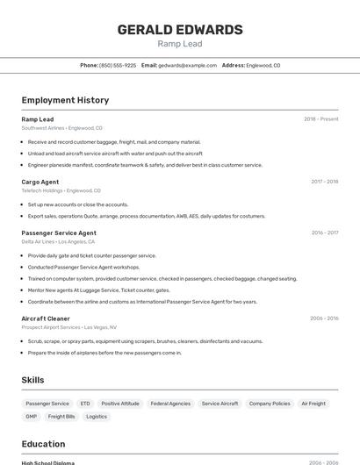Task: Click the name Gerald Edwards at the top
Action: (x=180, y=30)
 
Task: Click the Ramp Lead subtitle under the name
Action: (x=180, y=44)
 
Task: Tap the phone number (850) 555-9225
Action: (x=118, y=66)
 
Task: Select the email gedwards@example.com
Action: (x=187, y=66)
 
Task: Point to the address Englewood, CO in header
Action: (x=263, y=66)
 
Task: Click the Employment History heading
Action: (x=65, y=100)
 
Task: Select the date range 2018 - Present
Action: (x=320, y=119)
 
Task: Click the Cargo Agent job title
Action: (x=40, y=182)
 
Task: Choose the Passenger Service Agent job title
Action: (x=59, y=232)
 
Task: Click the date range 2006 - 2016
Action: (x=324, y=318)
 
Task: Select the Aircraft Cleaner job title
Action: (x=46, y=318)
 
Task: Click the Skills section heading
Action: (x=33, y=380)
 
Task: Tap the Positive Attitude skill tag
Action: (x=120, y=404)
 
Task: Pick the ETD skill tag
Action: (x=85, y=404)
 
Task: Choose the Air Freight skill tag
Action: (x=313, y=404)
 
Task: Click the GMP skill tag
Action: (x=32, y=417)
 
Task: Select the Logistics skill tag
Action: (x=97, y=417)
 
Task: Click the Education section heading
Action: (x=43, y=444)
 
